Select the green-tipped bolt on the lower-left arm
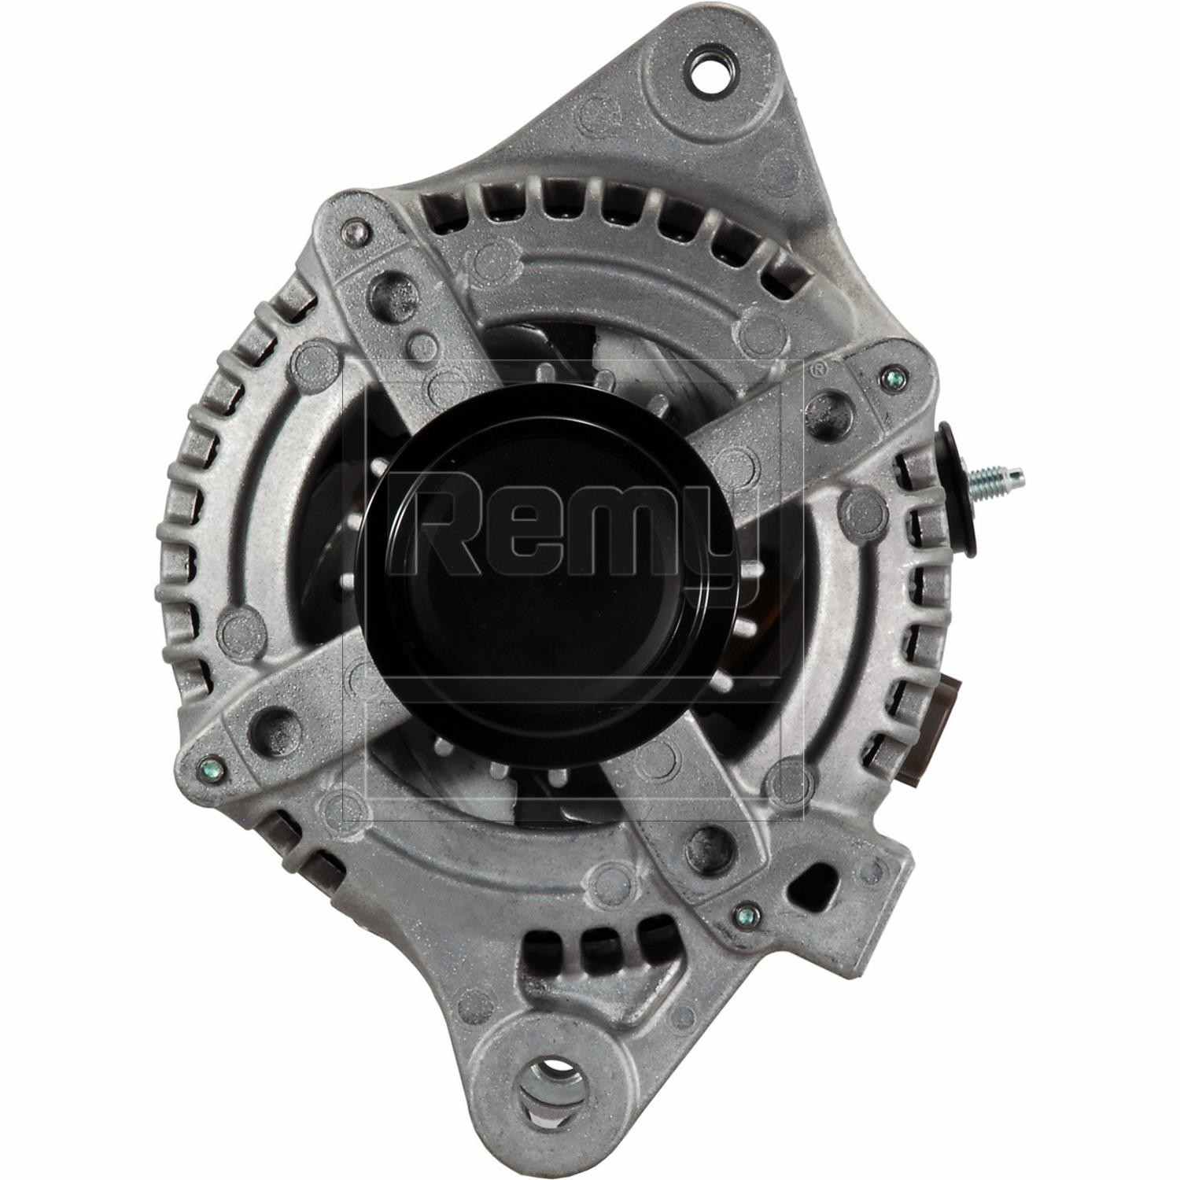tap(208, 765)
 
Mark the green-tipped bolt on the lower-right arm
tap(742, 914)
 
